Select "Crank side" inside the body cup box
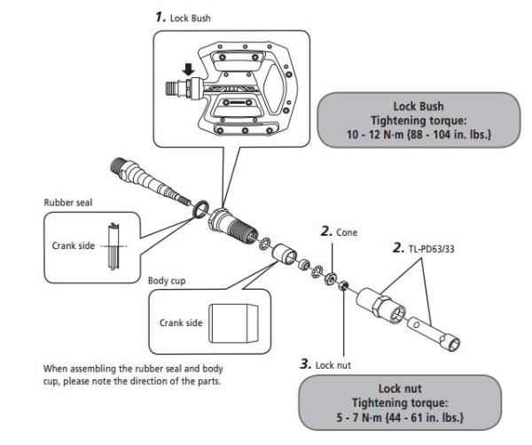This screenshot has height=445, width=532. [x=177, y=322]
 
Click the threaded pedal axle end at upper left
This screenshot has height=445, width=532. [x=125, y=166]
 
